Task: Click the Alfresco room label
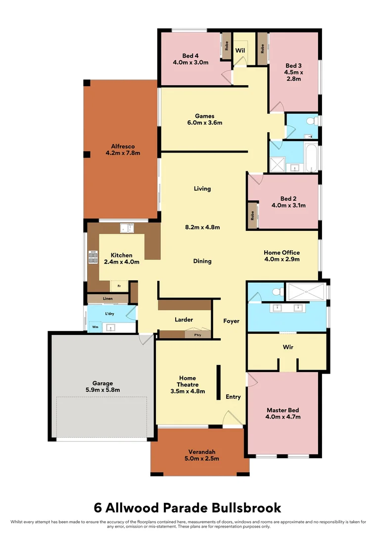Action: [x=123, y=146]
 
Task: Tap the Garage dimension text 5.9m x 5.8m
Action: [x=102, y=390]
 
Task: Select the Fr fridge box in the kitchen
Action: [x=119, y=286]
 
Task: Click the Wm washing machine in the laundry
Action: [x=95, y=327]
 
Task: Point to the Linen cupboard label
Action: [x=108, y=299]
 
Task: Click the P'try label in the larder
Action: [x=198, y=335]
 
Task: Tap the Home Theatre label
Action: [x=188, y=381]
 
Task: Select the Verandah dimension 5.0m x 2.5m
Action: [x=202, y=459]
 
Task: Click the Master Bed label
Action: [x=283, y=410]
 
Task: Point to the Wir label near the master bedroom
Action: [x=288, y=347]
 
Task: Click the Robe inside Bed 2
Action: [x=252, y=215]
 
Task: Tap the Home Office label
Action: [x=282, y=253]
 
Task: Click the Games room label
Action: [x=205, y=116]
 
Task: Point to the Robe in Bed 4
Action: [x=226, y=46]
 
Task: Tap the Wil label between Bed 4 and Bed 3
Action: [x=240, y=50]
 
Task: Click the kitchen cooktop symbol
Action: [x=93, y=257]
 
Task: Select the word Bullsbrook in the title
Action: [x=246, y=508]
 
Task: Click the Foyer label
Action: [x=232, y=321]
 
